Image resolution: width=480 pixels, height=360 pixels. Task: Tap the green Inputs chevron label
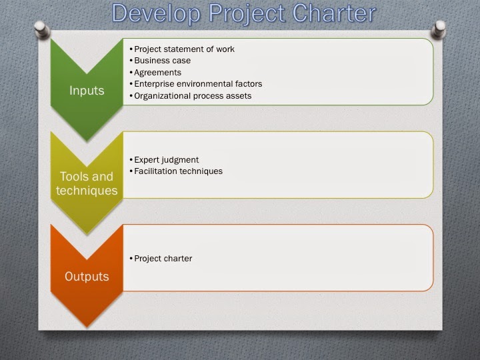87,90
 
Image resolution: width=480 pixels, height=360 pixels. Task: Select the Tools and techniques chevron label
87,183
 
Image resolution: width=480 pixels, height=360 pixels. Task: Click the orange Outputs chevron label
87,276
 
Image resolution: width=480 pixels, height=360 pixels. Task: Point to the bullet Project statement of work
184,49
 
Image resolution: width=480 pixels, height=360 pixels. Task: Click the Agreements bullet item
157,72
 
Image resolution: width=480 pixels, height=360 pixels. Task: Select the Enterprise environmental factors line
198,84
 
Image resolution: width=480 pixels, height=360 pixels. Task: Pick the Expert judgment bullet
166,159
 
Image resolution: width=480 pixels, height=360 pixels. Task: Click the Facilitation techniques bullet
178,171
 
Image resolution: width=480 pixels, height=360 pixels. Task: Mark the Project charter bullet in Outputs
163,258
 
